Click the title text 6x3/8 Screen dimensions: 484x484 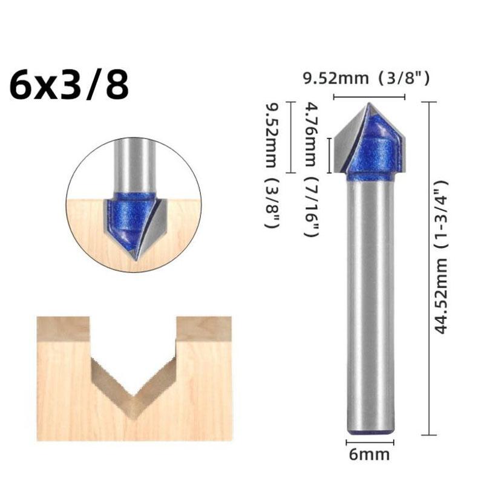tap(69, 84)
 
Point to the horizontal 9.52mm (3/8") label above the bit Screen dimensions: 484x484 tap(370, 78)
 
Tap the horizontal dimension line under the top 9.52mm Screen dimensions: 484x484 tap(369, 96)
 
